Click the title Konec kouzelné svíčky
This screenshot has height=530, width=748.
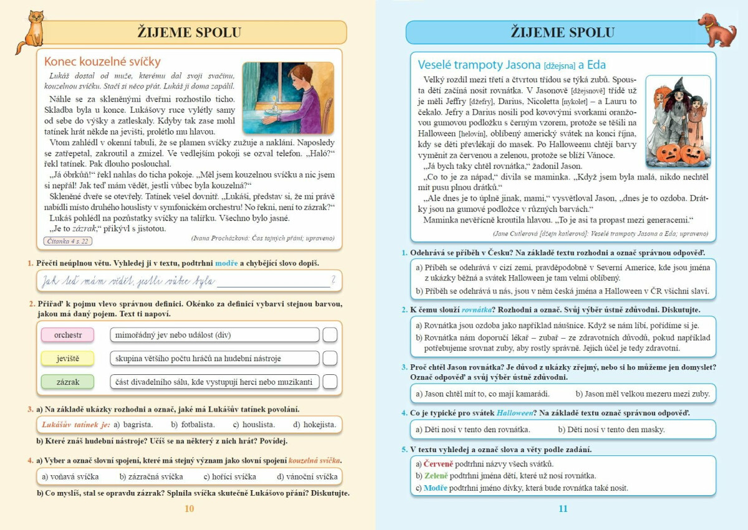point(102,62)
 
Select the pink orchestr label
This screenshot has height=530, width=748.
point(68,335)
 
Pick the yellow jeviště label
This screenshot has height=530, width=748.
point(68,358)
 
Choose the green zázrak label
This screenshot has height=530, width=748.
point(68,381)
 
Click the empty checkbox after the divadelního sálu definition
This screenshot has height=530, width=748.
point(330,381)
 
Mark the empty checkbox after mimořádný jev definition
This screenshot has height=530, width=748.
point(330,335)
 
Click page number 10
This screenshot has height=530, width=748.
point(189,509)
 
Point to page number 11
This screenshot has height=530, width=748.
point(563,509)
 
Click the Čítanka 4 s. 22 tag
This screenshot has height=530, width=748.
point(67,240)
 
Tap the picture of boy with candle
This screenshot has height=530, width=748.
point(288,98)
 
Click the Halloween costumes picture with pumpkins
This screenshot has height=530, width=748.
point(678,121)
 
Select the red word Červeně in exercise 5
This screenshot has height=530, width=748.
point(438,464)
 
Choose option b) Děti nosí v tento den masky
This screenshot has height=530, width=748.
point(611,430)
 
